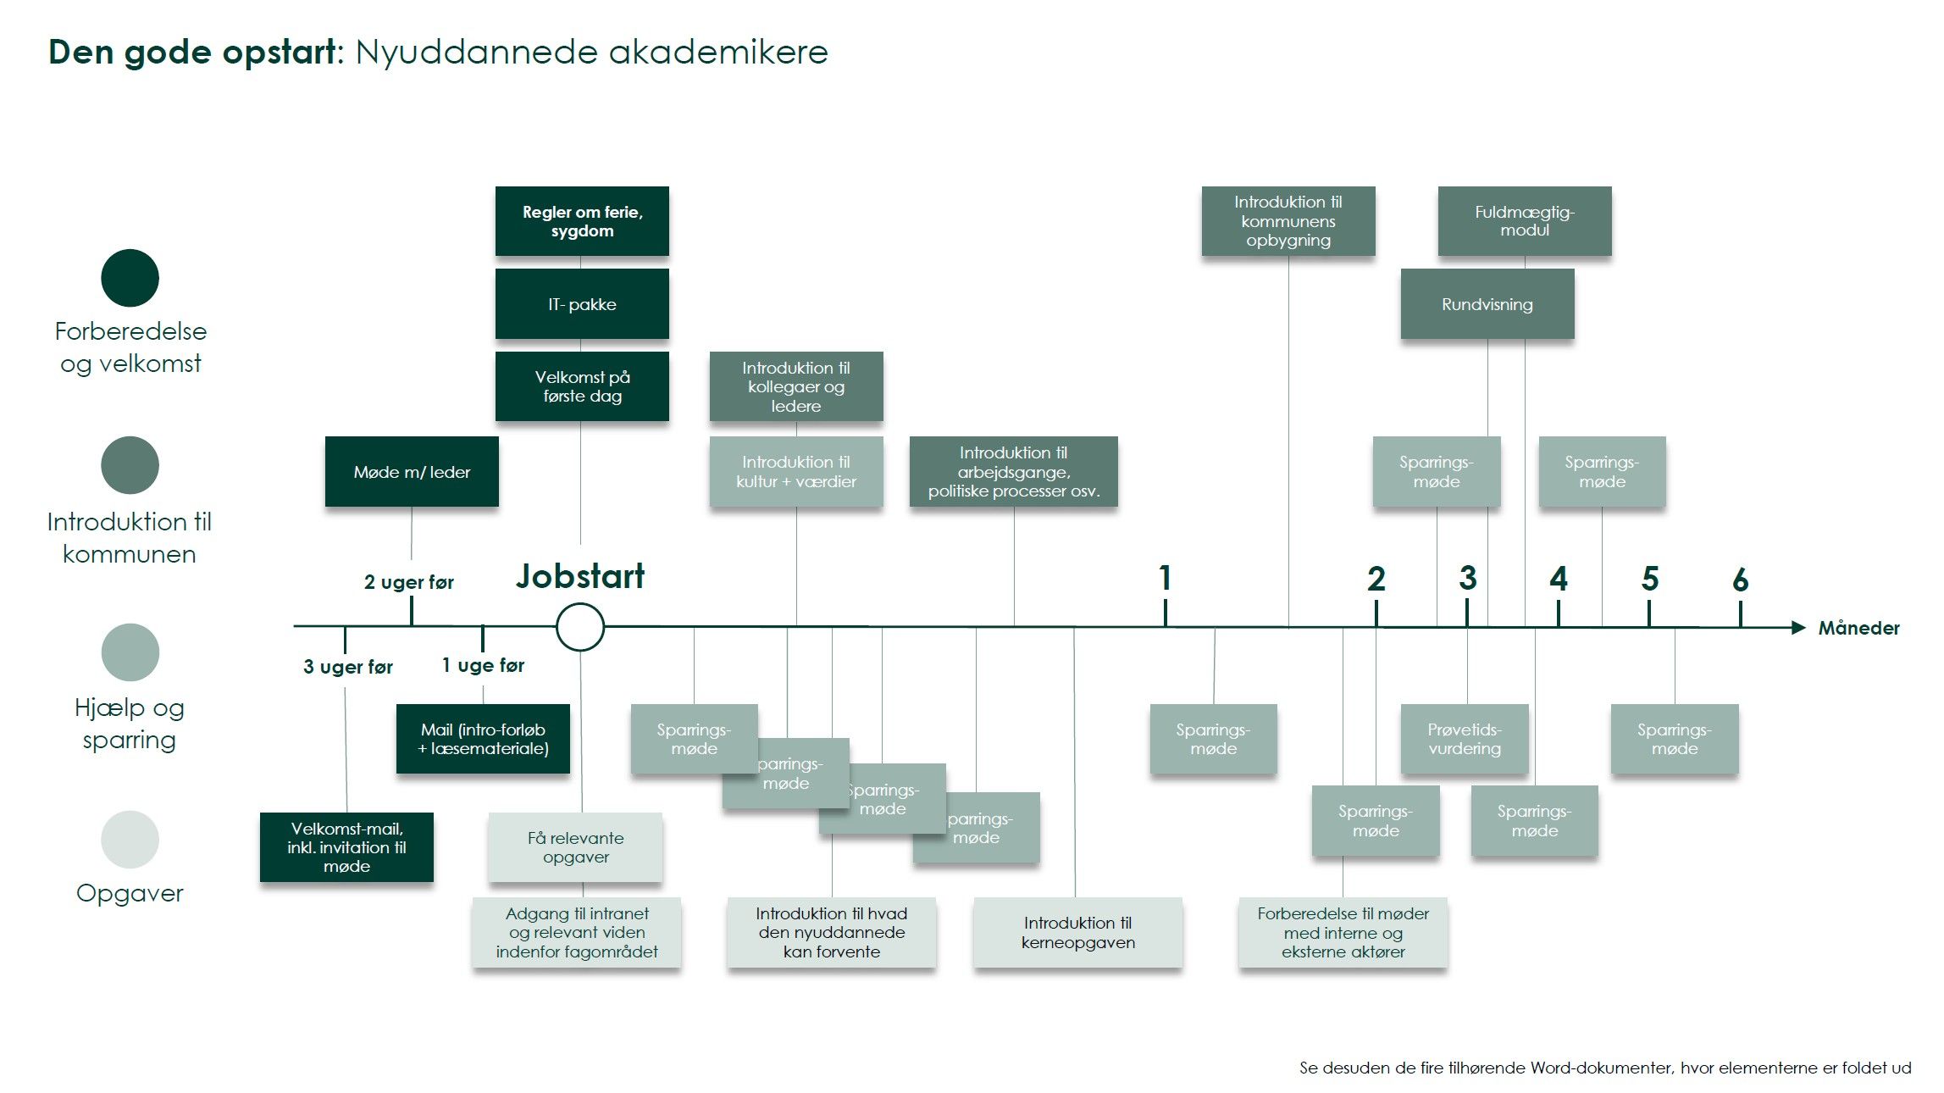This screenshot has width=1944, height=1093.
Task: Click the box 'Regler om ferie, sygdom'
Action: coord(582,221)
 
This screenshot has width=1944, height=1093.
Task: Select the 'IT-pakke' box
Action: coord(582,304)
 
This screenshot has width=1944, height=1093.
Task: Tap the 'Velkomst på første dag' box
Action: coord(582,386)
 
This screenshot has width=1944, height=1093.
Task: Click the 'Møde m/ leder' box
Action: coord(412,472)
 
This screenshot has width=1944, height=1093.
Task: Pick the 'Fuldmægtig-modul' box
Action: coord(1524,221)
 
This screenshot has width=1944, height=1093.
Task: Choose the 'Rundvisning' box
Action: coord(1487,304)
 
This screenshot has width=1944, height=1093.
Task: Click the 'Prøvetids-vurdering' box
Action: coord(1464,739)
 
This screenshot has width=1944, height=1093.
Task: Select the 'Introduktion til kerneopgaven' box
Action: coord(1077,932)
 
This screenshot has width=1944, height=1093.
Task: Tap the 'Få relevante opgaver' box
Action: coord(575,847)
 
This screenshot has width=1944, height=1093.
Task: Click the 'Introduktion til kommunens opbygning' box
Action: coord(1288,221)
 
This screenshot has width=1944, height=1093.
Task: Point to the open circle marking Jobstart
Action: coord(580,627)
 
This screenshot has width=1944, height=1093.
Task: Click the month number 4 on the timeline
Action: coord(1559,579)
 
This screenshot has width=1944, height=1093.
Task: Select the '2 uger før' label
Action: coord(408,582)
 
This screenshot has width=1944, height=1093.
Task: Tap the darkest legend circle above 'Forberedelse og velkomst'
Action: coord(130,278)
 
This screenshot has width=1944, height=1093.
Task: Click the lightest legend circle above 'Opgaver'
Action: coord(130,840)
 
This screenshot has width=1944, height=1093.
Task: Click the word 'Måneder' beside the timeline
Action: coord(1858,628)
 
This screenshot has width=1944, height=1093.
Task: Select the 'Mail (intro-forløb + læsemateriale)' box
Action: coord(483,739)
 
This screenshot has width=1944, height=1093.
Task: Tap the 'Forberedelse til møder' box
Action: coord(1343,932)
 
